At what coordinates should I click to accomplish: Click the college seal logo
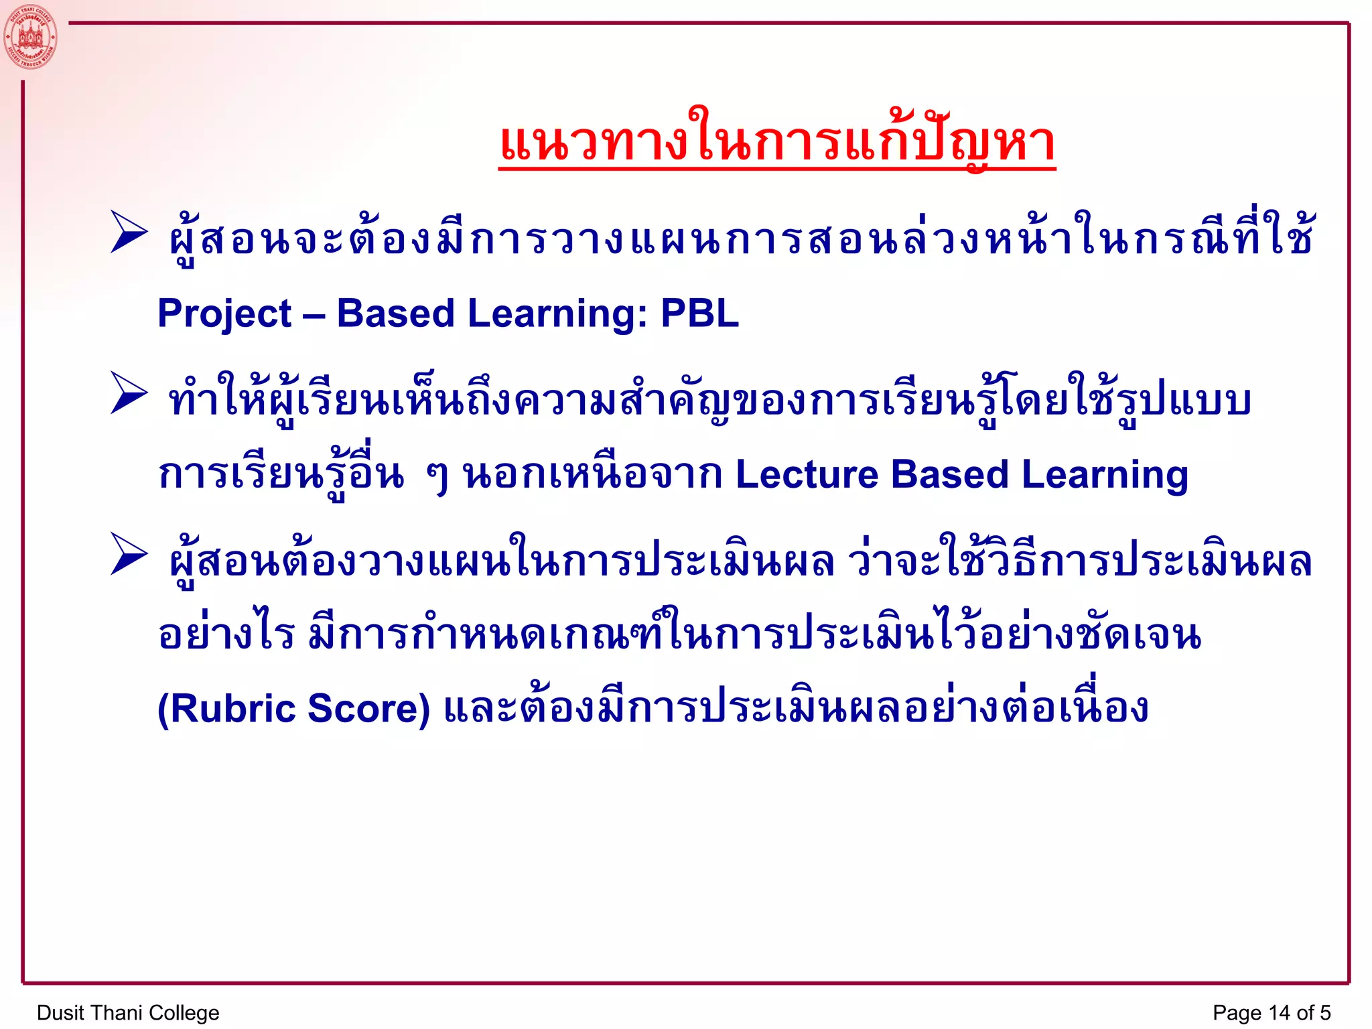30,37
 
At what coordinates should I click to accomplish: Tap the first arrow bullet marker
129,232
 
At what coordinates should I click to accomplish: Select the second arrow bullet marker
129,393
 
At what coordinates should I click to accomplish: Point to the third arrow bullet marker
129,554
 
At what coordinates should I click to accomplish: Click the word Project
224,314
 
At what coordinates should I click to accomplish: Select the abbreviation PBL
699,313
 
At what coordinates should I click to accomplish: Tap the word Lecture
807,474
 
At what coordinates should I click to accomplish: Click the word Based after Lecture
949,474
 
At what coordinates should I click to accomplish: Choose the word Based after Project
395,313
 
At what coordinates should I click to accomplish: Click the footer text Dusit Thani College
128,1012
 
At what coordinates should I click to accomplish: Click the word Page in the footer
1237,1013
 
